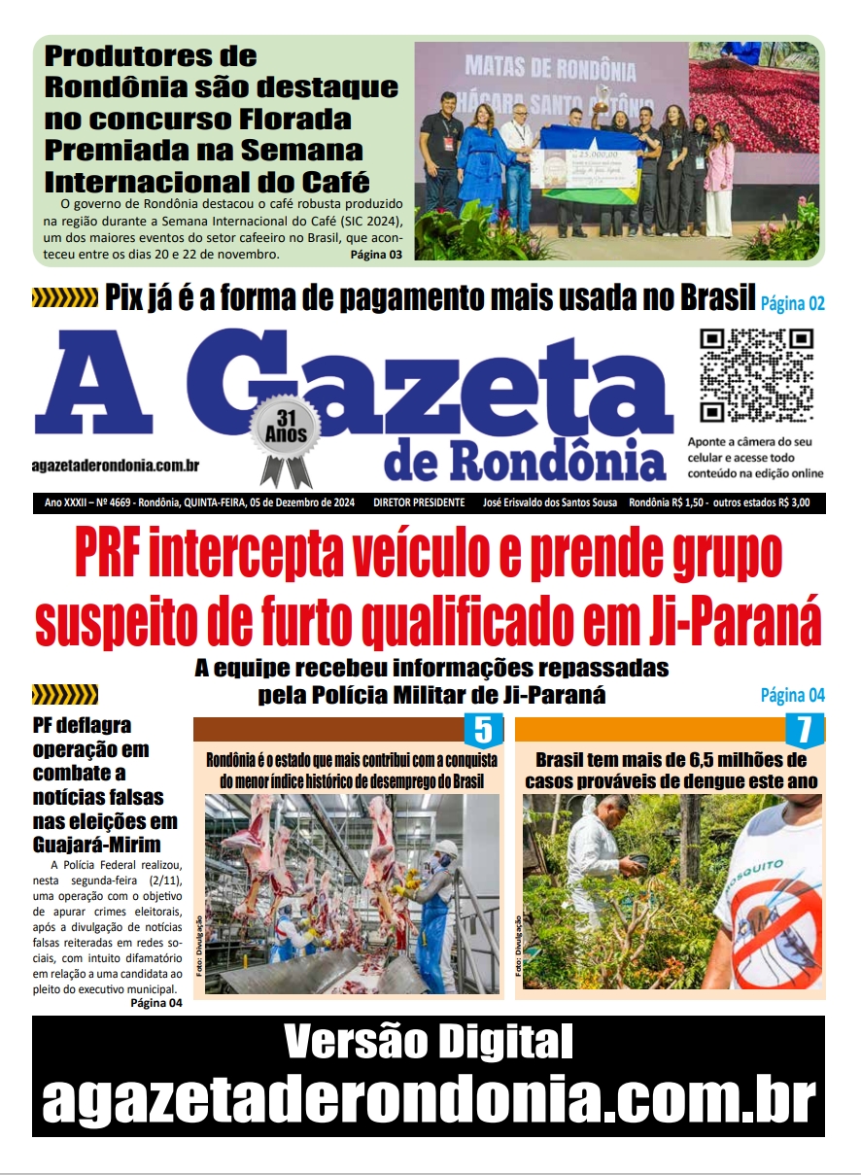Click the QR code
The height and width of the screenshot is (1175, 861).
(757, 375)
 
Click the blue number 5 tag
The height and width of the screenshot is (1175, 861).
(483, 730)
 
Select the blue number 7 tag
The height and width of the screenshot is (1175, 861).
(804, 730)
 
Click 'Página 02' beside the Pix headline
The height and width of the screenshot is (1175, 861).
(792, 303)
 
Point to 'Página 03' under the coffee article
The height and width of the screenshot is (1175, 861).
(376, 255)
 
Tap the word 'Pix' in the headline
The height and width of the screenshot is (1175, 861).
(131, 297)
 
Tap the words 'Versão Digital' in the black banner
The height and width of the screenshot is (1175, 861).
(429, 1043)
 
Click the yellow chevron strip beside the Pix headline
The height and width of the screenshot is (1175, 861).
(65, 297)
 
